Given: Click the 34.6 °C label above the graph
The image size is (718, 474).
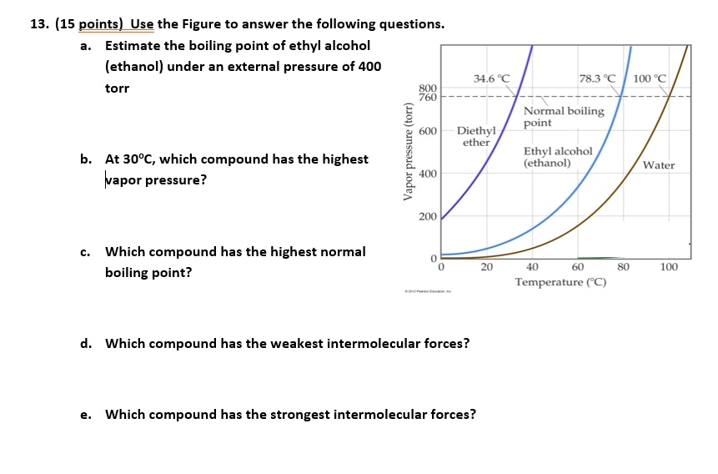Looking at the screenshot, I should click(491, 78).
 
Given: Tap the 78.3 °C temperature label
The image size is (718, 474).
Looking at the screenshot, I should click(597, 78).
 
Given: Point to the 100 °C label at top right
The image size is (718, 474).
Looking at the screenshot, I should click(650, 79).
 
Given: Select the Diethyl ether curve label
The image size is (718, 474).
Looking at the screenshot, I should click(476, 137).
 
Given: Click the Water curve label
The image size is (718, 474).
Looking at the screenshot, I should click(658, 165).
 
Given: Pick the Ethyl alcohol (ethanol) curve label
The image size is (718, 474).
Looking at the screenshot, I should click(557, 157).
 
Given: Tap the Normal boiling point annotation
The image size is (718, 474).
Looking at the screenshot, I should click(564, 117).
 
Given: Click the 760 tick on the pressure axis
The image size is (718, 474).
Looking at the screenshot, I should click(427, 98).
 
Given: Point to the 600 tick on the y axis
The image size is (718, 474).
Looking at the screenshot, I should click(427, 132).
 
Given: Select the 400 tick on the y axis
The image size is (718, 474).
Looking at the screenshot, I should click(427, 174).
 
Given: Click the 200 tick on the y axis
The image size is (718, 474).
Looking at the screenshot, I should click(427, 217).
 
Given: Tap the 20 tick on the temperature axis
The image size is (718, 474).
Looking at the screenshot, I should click(487, 267).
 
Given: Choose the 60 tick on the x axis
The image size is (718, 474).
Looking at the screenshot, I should click(578, 267).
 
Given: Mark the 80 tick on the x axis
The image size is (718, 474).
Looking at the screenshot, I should click(623, 267).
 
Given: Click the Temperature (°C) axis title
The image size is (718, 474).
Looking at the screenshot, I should click(560, 282).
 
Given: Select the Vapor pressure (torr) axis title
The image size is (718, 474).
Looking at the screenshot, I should click(408, 151).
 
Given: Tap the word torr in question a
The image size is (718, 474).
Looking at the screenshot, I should click(117, 88).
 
